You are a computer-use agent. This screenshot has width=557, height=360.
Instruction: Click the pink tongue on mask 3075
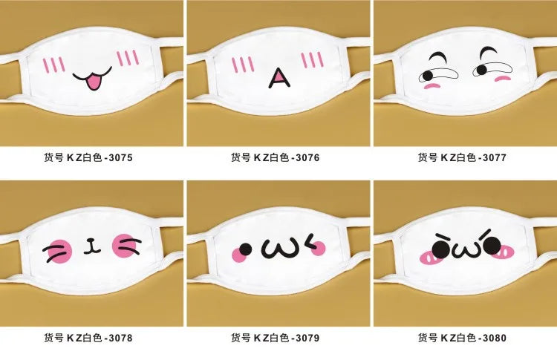tap(93, 82)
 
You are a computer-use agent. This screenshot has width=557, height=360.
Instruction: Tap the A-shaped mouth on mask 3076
tap(279, 79)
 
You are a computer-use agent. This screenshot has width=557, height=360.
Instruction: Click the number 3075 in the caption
tap(120, 157)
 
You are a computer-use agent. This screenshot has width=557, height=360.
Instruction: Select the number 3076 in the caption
tap(307, 157)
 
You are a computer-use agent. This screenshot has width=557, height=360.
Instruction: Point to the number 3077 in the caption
tap(494, 157)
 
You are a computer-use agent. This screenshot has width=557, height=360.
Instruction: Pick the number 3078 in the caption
tap(120, 338)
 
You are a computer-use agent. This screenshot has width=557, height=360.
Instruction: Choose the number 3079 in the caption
tap(307, 338)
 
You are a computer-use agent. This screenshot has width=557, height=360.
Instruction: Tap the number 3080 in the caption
tap(494, 338)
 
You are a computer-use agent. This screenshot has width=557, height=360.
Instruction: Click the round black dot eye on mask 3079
tap(245, 249)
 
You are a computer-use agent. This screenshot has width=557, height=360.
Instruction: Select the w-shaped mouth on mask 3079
tap(278, 249)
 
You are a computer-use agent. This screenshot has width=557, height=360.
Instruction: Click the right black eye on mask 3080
tap(492, 246)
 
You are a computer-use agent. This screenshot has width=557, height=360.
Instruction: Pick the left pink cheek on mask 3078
tap(59, 252)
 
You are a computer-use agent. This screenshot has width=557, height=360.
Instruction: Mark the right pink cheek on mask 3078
tap(124, 245)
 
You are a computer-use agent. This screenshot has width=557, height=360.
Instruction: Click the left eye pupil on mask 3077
tap(428, 76)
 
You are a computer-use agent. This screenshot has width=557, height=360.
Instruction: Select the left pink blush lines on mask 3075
tap(53, 65)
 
